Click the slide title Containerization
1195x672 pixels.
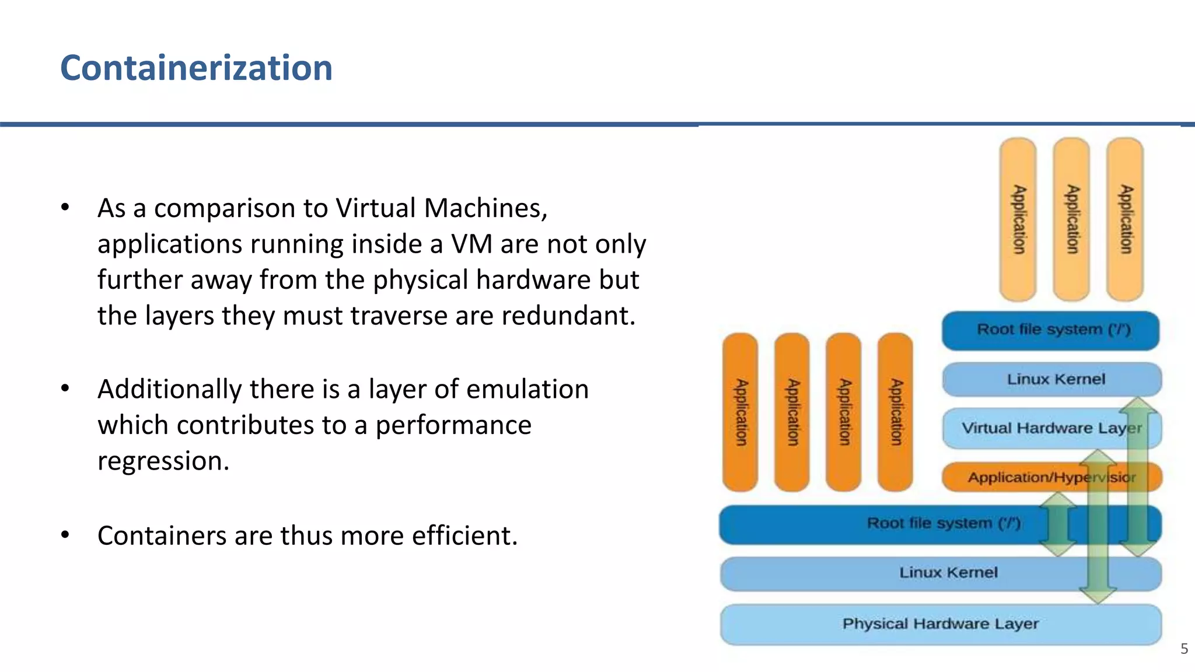coord(196,68)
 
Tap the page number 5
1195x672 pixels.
coord(1184,649)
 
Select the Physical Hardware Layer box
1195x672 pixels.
coord(940,624)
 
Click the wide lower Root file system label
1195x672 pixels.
coord(943,523)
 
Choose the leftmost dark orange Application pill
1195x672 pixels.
coord(740,412)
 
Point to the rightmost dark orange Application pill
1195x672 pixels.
coord(895,412)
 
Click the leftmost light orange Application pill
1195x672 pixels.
coord(1018,219)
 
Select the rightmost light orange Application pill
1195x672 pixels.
coord(1125,219)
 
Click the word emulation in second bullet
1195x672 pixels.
coord(527,389)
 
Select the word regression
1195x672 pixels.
coord(163,461)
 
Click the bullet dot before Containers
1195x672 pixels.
coord(65,534)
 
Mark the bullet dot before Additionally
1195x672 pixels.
coord(65,388)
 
